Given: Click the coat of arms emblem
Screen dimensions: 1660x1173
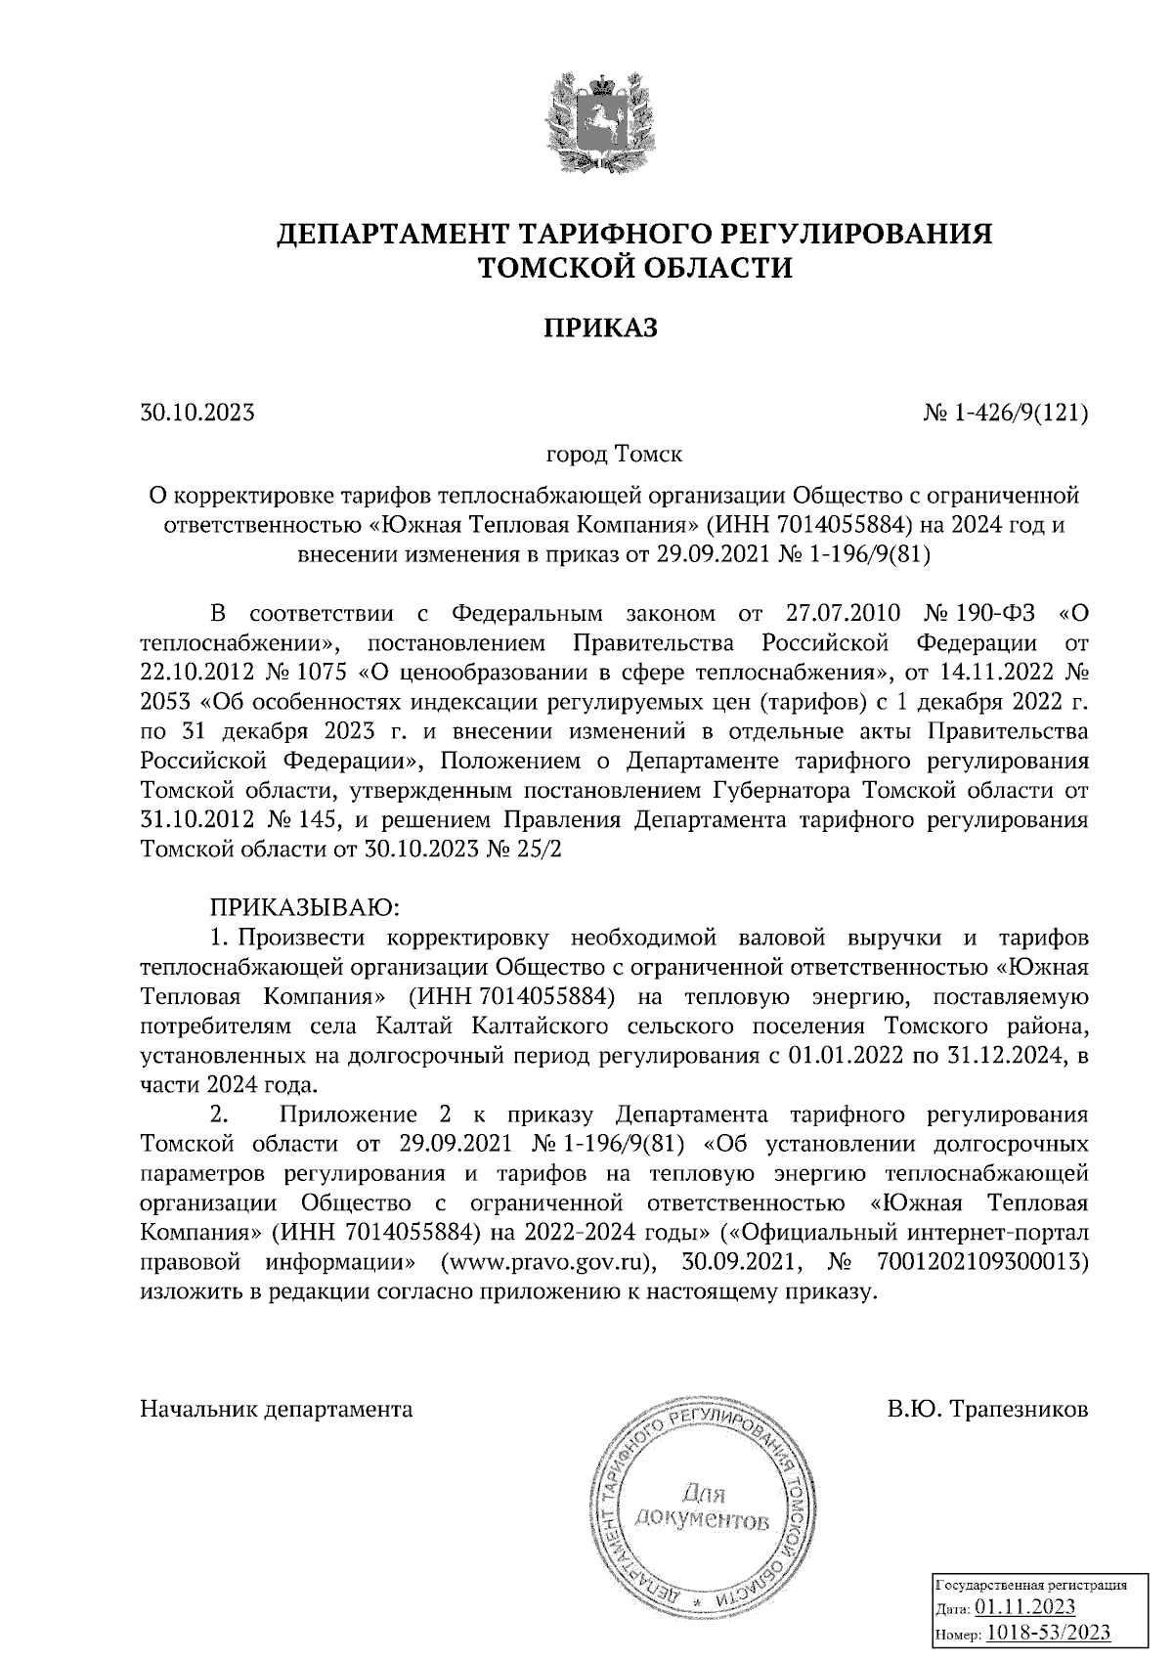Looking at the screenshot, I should click(599, 119).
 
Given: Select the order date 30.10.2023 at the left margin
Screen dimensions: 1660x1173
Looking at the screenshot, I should click(197, 413).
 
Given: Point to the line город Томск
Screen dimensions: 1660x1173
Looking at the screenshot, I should click(614, 456).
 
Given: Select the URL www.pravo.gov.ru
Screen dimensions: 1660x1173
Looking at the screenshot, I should click(547, 1262).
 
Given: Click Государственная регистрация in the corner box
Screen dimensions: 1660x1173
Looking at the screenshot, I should click(1032, 1584).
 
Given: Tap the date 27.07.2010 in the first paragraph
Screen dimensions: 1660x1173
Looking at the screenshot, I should click(843, 615).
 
